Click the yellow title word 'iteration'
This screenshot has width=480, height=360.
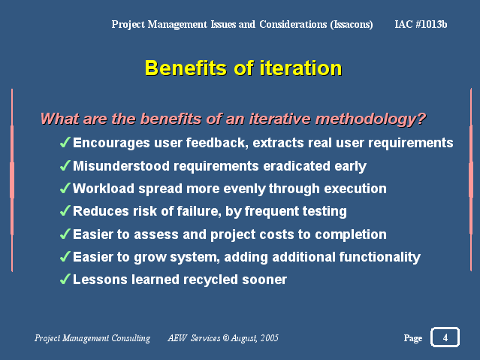click(x=300, y=68)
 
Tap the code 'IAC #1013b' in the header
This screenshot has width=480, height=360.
click(x=421, y=24)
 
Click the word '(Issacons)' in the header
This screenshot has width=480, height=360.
click(x=352, y=25)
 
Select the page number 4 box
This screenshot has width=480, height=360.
click(x=445, y=337)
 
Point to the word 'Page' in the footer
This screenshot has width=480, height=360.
click(x=413, y=338)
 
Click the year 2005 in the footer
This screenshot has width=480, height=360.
click(x=270, y=337)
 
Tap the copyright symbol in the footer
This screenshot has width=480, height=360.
click(x=226, y=338)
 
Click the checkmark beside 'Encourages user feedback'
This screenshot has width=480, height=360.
click(x=65, y=142)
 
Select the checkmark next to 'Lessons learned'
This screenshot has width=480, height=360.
click(x=65, y=279)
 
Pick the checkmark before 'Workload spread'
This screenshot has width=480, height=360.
click(x=65, y=188)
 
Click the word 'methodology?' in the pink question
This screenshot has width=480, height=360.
click(x=371, y=119)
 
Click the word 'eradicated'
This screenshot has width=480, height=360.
click(x=297, y=166)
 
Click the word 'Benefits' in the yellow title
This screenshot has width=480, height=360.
click(x=186, y=68)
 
